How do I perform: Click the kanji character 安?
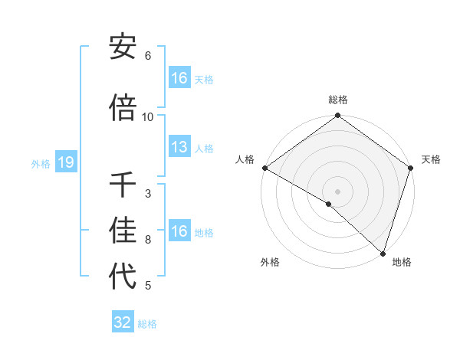coord(123,48)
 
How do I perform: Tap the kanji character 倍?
coord(123,110)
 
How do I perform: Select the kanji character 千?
coord(123,186)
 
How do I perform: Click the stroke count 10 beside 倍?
coord(148,116)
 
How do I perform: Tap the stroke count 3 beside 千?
coord(148,193)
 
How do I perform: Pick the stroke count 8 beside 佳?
coord(148,240)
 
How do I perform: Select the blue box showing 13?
coord(179,148)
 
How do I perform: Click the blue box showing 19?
coord(65,163)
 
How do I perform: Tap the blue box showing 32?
coord(123,322)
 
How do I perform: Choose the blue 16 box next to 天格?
coord(179,78)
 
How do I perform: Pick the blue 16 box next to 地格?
coord(179,231)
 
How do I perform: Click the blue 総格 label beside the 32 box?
coord(147,324)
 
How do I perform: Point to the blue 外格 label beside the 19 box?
coord(40,164)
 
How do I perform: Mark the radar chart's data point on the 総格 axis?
coord(337,116)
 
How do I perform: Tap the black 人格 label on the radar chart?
coord(245,159)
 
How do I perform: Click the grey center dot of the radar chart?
coord(337,191)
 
